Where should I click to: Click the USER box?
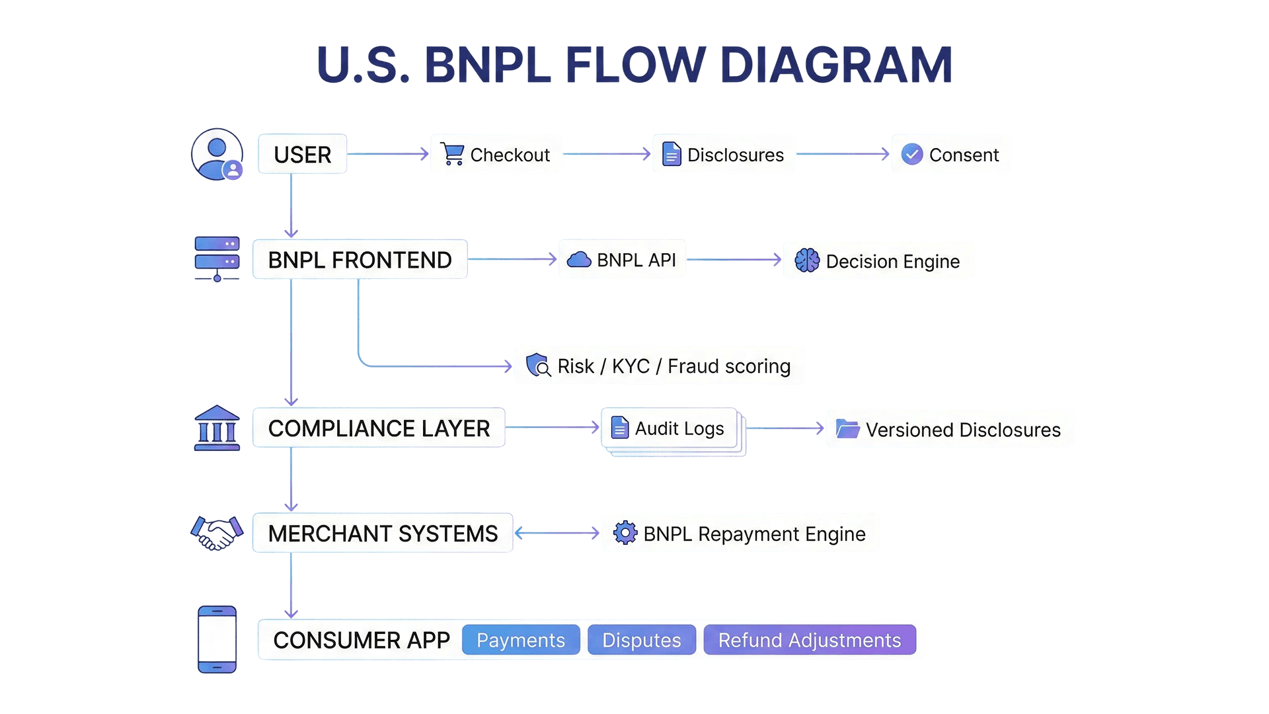(x=302, y=155)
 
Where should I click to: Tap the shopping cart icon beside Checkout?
(x=453, y=154)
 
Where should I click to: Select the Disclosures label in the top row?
(x=735, y=155)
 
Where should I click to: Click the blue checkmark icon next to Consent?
(x=912, y=154)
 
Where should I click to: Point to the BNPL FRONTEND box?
(x=360, y=260)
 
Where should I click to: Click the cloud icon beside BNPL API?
(x=579, y=260)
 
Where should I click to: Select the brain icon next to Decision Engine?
(x=807, y=260)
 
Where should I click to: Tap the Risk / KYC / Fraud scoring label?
(x=673, y=366)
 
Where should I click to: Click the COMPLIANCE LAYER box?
(x=379, y=428)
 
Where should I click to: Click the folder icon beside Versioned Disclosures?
(x=847, y=429)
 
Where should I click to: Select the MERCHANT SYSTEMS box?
(x=383, y=534)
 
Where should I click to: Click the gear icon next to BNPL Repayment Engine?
(x=625, y=533)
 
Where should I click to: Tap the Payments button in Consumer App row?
(x=521, y=640)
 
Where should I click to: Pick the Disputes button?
(x=641, y=640)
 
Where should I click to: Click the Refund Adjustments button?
(x=810, y=640)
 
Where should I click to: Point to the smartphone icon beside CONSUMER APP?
(x=217, y=639)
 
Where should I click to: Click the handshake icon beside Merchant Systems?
(x=217, y=533)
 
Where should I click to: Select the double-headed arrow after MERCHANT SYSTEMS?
(x=557, y=533)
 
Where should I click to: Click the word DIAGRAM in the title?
(x=835, y=65)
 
